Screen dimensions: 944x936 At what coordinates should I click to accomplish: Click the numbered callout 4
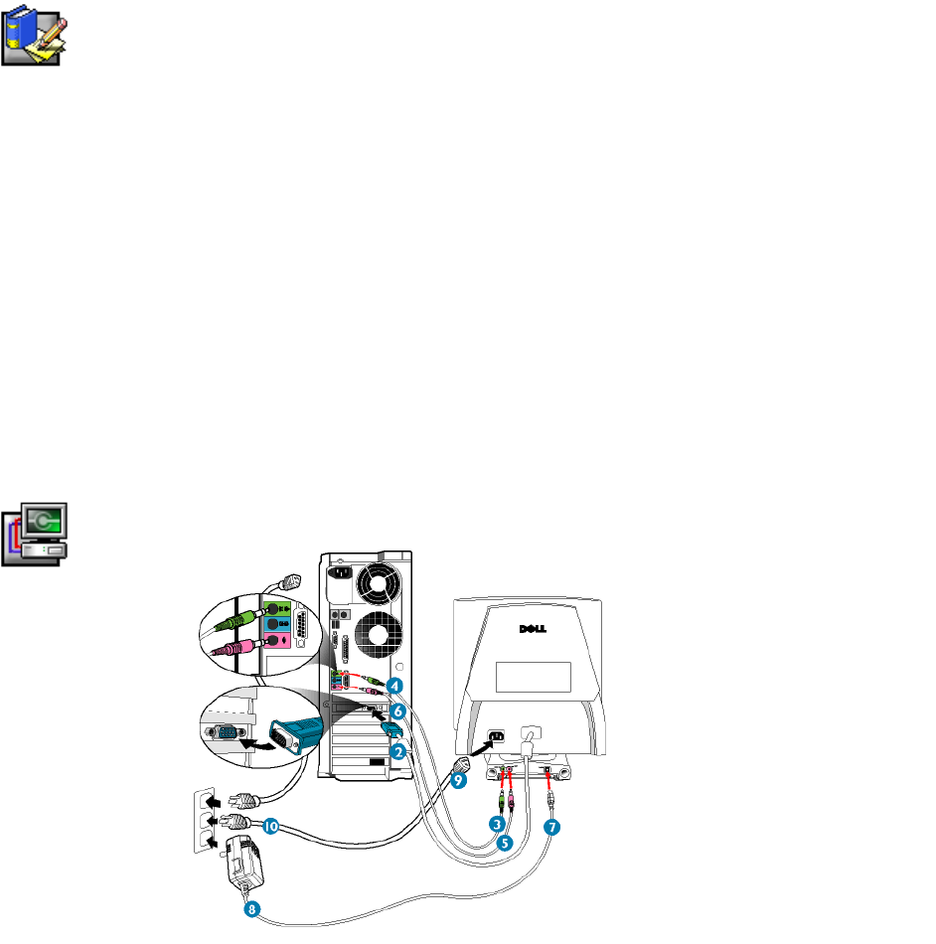pos(395,686)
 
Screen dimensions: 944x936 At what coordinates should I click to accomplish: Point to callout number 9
pos(457,782)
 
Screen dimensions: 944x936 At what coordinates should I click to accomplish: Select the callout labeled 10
pos(270,826)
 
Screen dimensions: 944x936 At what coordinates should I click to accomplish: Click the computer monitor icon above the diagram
pos(35,534)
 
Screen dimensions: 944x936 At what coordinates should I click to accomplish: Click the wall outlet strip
pos(202,819)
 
